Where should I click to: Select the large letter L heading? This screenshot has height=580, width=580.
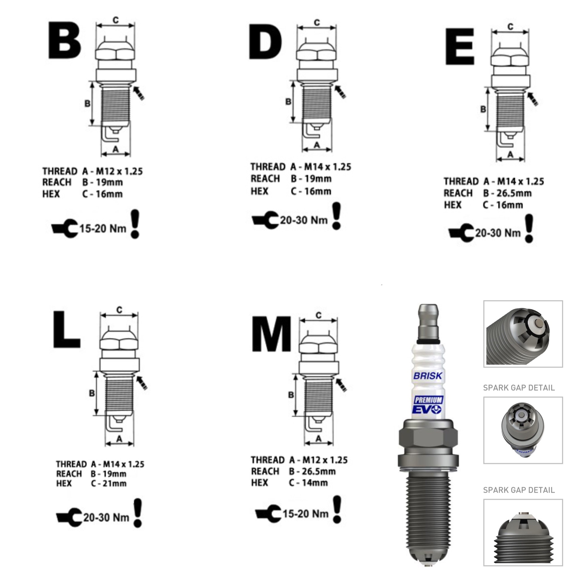(x=67, y=330)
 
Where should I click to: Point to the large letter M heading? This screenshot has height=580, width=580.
(x=271, y=333)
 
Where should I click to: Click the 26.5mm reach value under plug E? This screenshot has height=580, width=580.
(x=514, y=193)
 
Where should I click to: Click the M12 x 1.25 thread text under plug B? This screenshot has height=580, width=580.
(x=119, y=171)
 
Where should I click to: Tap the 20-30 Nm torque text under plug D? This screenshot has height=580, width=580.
(x=303, y=220)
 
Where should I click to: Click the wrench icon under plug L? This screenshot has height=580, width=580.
(x=69, y=517)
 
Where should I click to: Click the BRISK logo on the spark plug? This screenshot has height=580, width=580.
(x=428, y=376)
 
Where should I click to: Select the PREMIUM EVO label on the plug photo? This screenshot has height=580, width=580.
(x=428, y=405)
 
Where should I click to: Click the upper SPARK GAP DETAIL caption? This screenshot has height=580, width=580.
(x=519, y=388)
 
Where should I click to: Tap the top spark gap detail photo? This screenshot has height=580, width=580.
(x=523, y=334)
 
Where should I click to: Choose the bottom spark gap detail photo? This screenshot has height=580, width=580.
(x=523, y=533)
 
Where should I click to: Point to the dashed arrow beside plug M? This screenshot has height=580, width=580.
(x=341, y=385)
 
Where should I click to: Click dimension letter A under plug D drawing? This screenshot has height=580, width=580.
(x=317, y=145)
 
